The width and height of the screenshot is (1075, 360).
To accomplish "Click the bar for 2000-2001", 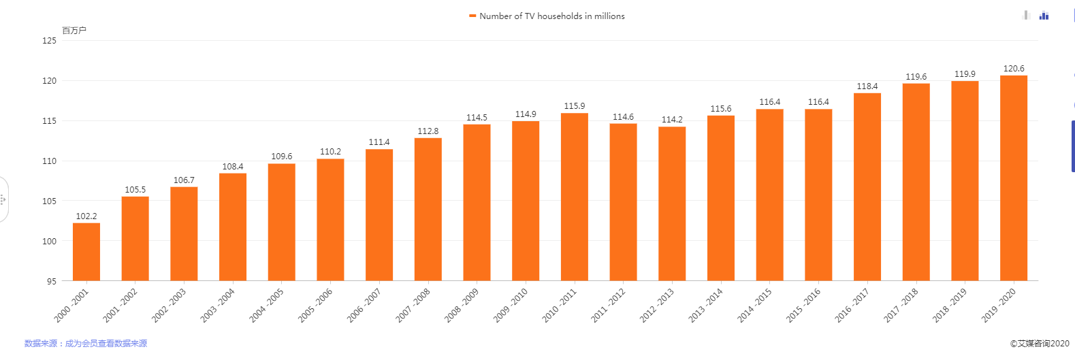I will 86,252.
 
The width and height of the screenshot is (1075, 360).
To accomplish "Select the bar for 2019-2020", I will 1013,178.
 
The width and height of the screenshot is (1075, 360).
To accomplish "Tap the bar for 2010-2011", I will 574,197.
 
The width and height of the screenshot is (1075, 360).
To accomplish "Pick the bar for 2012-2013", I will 672,203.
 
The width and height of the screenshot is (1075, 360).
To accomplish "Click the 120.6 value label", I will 1013,69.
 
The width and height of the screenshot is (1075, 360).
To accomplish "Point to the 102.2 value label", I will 86,216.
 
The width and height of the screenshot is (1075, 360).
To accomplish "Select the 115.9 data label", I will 574,106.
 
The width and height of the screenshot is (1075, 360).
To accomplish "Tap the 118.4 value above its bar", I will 867,86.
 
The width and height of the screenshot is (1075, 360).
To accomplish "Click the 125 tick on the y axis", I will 50,41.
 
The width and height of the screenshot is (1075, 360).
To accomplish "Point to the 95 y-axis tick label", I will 52,281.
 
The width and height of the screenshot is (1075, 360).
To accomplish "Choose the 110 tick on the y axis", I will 50,161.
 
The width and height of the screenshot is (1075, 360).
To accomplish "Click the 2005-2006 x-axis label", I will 315,306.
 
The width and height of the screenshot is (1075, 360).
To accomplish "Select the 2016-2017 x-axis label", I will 852,306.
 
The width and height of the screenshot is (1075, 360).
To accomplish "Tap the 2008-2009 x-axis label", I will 462,306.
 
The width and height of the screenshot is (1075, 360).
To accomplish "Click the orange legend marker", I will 472,16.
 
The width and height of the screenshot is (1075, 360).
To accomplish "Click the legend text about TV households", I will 551,16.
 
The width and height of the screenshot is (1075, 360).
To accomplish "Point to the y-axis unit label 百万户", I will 74,31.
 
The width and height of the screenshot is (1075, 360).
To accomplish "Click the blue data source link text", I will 86,344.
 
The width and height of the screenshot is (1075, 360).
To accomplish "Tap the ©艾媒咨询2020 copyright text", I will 1039,344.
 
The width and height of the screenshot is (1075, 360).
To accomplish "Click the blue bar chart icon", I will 1044,16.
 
